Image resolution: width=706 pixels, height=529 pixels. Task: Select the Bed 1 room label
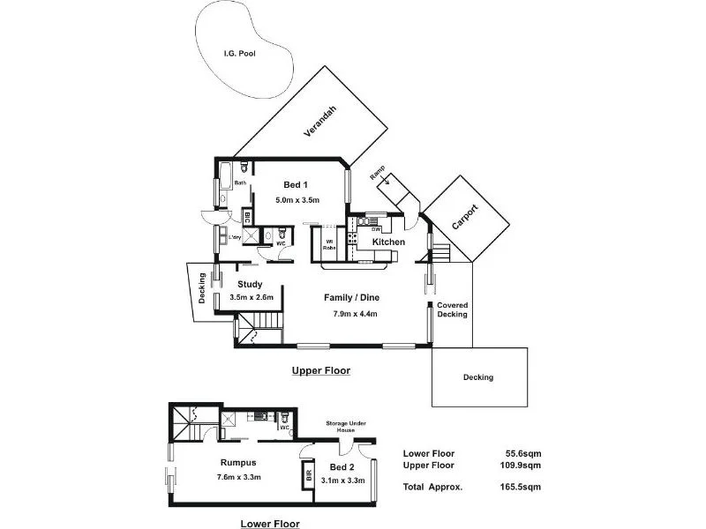pyautogui.click(x=296, y=185)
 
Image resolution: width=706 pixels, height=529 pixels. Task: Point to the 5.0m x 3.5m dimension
pyautogui.click(x=297, y=200)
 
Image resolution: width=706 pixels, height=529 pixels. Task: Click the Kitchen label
pyautogui.click(x=388, y=242)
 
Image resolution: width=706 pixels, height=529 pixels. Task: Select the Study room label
pyautogui.click(x=251, y=284)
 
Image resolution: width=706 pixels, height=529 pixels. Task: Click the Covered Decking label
pyautogui.click(x=453, y=309)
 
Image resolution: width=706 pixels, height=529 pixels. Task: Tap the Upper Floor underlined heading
pyautogui.click(x=321, y=371)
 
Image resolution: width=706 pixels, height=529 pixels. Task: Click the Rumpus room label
pyautogui.click(x=238, y=462)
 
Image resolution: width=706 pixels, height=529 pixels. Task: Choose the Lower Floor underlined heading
pyautogui.click(x=270, y=524)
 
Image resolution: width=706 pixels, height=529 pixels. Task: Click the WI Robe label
pyautogui.click(x=329, y=244)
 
